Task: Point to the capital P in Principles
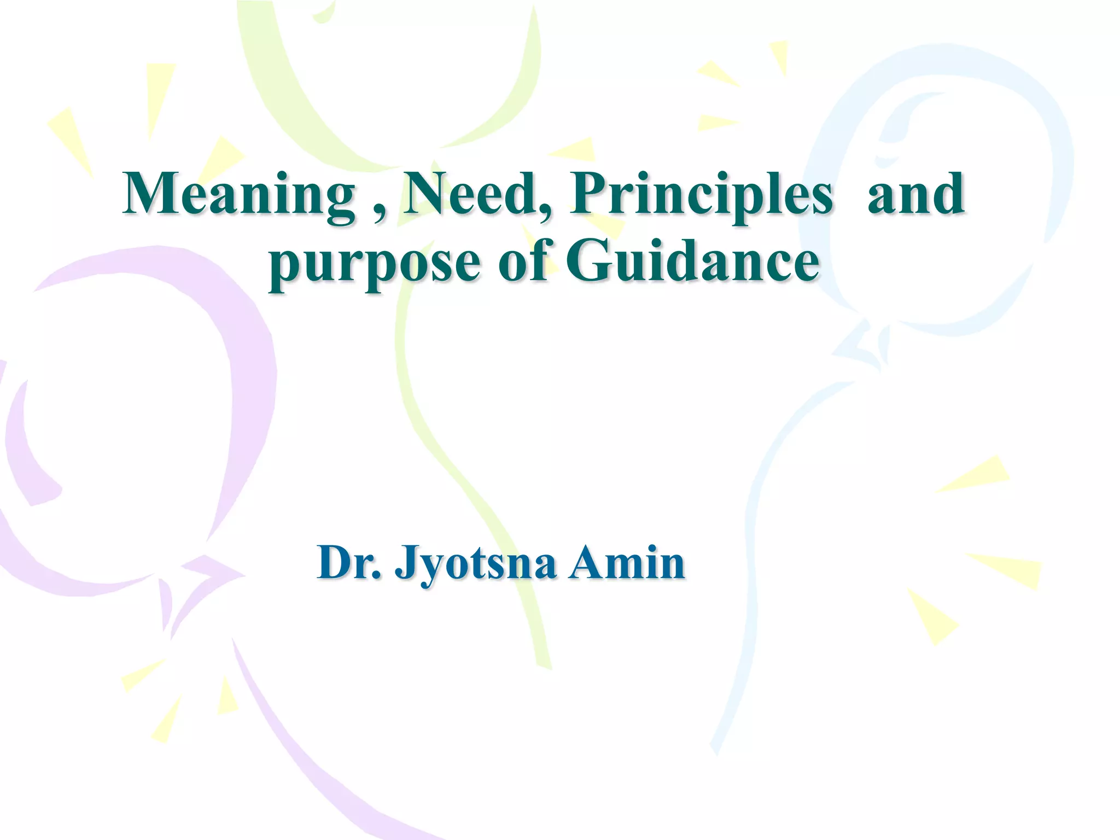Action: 588,194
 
